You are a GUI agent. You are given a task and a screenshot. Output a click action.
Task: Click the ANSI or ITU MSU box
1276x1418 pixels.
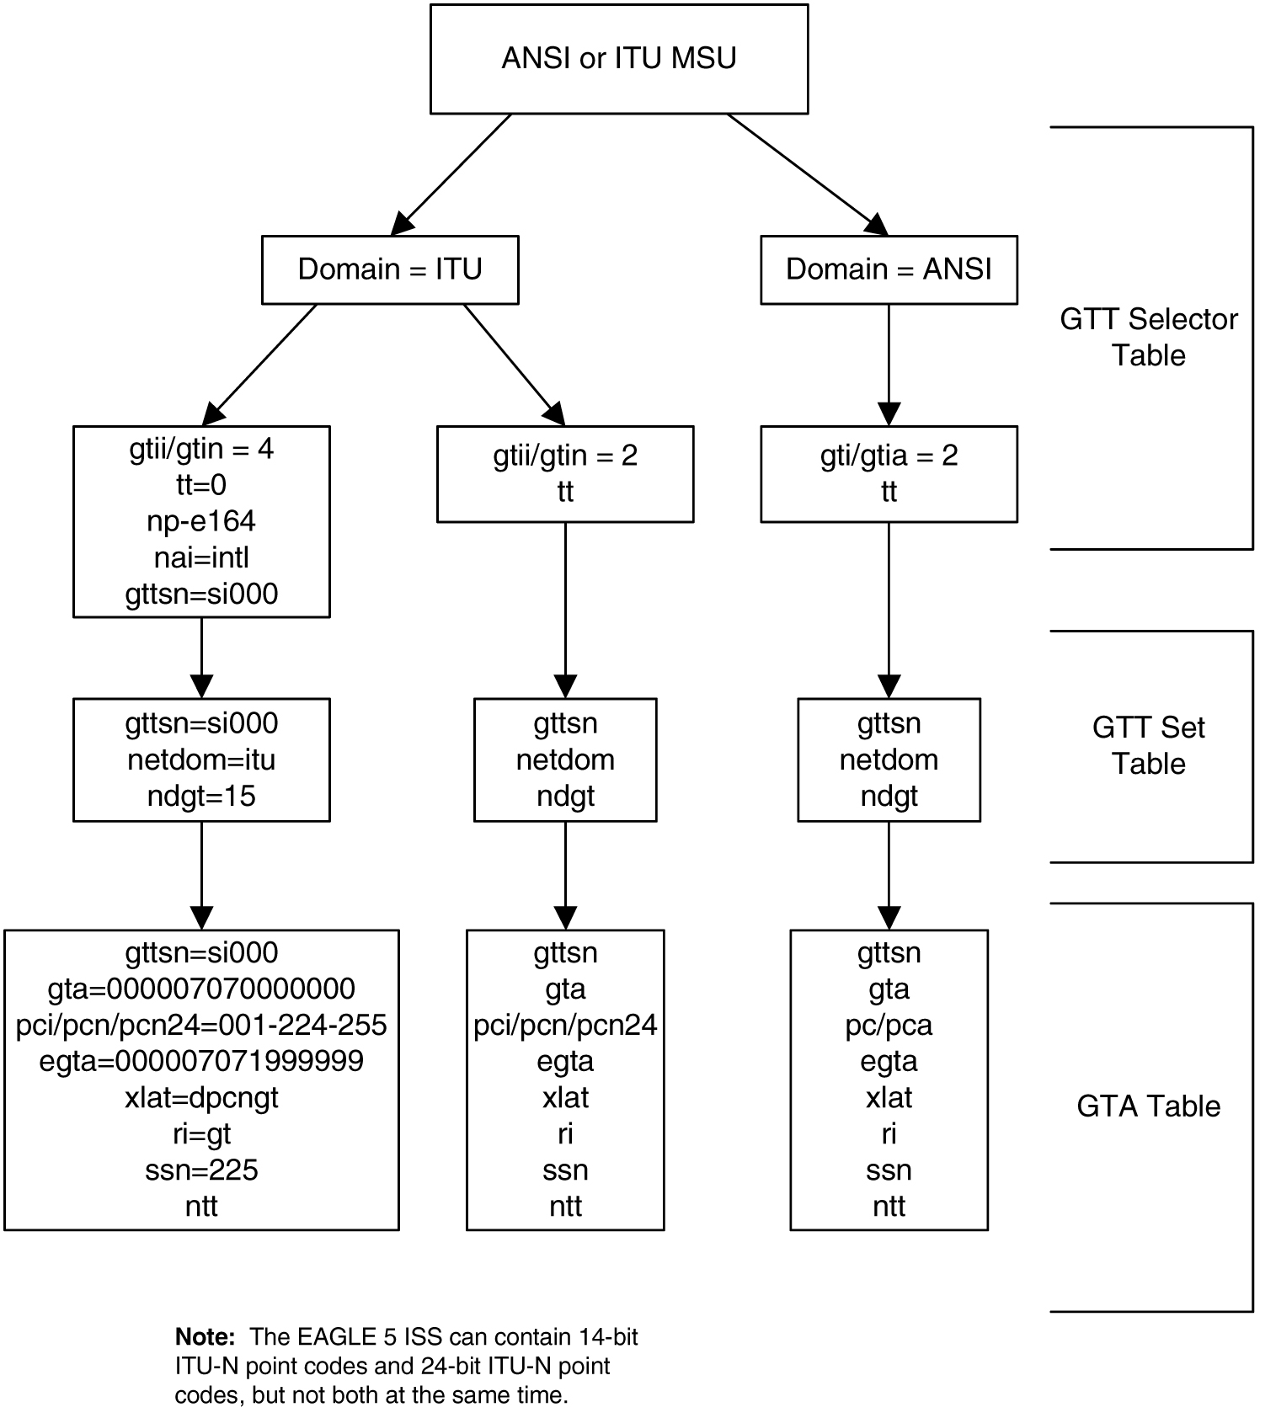point(618,58)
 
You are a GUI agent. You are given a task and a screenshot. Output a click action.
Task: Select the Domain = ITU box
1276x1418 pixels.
point(390,269)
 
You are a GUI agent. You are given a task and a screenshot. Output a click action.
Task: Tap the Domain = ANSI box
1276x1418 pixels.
point(889,269)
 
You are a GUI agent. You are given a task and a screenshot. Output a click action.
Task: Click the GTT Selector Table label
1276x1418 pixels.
point(1148,337)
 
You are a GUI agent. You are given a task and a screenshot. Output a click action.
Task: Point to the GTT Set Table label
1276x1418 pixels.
point(1148,745)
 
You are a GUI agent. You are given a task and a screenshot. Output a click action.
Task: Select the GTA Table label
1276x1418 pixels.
point(1148,1106)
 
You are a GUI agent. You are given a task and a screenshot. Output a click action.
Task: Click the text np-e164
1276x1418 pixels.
point(201,521)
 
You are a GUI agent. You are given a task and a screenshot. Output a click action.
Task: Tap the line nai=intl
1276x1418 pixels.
point(201,557)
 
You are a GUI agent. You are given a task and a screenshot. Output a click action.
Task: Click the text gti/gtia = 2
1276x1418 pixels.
point(889,456)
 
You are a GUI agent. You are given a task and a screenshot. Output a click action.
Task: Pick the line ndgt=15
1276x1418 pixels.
point(201,796)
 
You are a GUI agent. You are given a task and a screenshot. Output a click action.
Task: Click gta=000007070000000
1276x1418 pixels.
point(201,989)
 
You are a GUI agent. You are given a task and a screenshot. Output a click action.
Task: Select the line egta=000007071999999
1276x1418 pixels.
point(201,1061)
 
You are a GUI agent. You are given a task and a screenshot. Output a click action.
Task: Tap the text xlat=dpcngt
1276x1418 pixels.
point(201,1098)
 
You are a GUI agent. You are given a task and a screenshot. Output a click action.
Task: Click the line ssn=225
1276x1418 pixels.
point(201,1170)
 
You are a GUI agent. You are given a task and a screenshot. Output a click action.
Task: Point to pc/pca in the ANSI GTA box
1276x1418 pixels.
point(889,1026)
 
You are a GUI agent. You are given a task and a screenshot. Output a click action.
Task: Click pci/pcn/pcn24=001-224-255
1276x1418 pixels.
point(201,1025)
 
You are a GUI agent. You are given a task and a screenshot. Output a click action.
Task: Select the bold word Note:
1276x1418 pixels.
point(205,1336)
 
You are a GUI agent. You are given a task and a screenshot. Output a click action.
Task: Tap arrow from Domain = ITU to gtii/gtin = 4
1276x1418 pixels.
point(259,364)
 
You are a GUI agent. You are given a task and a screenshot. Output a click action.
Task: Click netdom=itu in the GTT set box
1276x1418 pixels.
point(201,760)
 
